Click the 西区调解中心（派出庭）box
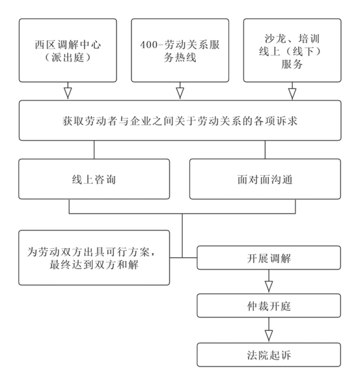[x=68, y=50]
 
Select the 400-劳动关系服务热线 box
[x=180, y=50]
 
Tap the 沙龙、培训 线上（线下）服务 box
[x=292, y=50]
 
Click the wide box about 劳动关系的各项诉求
[x=180, y=121]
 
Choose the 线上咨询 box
[x=94, y=179]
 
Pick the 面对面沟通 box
[x=265, y=179]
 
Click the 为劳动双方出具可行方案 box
[x=94, y=257]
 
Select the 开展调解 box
[x=269, y=257]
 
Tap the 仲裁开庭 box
[x=269, y=306]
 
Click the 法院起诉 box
[x=269, y=355]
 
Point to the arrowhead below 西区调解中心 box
[x=68, y=93]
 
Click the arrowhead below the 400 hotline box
[x=180, y=93]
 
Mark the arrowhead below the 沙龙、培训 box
[x=292, y=93]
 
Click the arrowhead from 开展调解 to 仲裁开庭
[x=269, y=286]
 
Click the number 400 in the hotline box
[x=148, y=45]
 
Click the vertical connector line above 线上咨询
[x=94, y=150]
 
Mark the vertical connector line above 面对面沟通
[x=265, y=150]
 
